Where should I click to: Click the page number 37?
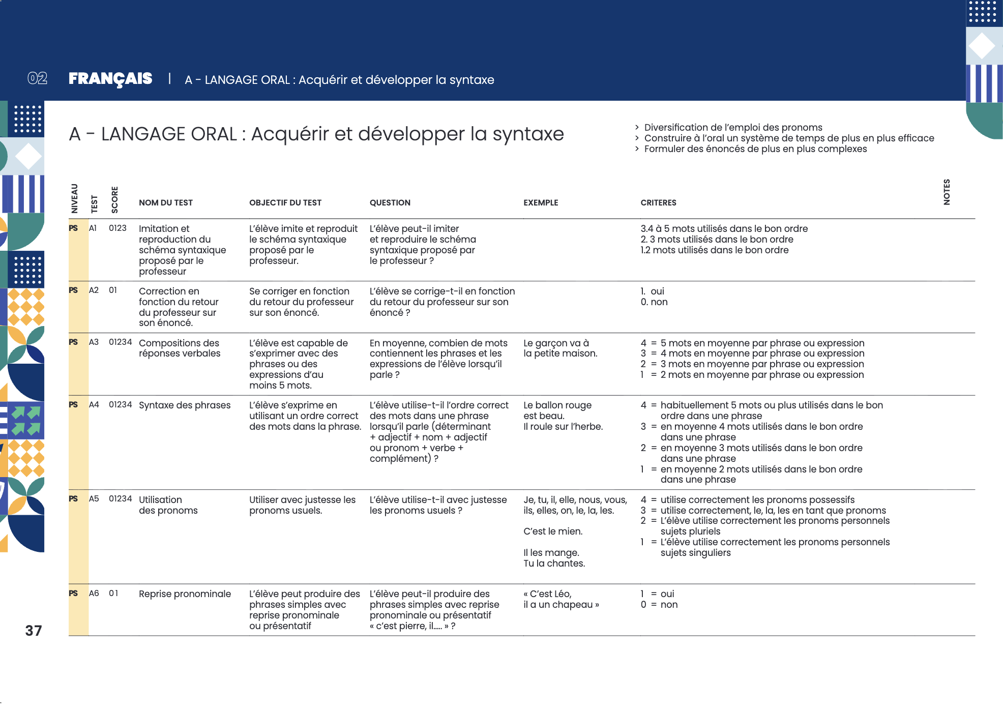coord(34,631)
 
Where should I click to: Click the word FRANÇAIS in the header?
coord(110,79)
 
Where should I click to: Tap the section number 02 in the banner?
coord(38,78)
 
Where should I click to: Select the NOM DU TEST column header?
coord(166,202)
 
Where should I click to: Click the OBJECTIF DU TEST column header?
coord(285,202)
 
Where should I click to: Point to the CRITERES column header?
coord(658,202)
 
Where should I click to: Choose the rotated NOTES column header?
coord(947,192)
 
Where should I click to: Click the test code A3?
coord(94,342)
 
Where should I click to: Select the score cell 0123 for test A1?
coord(117,228)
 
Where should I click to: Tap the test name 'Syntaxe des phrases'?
coord(185,405)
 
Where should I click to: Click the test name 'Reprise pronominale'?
coord(185,594)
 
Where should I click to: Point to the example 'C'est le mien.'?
coord(553,531)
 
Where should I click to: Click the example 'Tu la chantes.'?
coord(554,563)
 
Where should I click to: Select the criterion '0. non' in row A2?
coord(654,302)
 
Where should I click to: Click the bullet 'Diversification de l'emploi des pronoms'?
coord(733,127)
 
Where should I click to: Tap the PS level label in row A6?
coord(73,593)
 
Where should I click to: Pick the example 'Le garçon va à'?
coord(556,343)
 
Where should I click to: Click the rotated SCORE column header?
coord(115,199)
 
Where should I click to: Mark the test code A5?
coord(94,498)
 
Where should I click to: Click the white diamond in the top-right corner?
coord(982,46)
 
